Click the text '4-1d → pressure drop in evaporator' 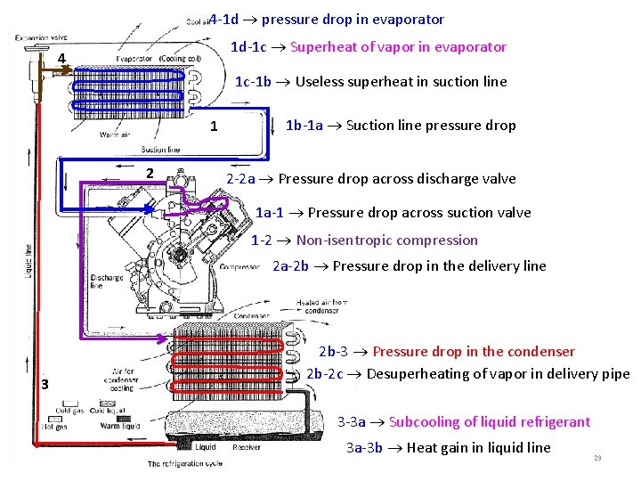point(327,19)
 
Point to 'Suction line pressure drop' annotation point(401,126)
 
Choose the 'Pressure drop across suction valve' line point(393,213)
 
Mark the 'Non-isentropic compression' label point(364,240)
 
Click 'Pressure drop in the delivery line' point(409,266)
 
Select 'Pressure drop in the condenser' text point(447,352)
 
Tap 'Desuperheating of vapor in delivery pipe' point(467,374)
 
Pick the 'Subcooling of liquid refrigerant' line point(464,422)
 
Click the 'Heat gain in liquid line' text point(448,448)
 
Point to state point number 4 point(61,60)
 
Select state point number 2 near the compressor point(150,173)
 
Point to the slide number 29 point(597,458)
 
